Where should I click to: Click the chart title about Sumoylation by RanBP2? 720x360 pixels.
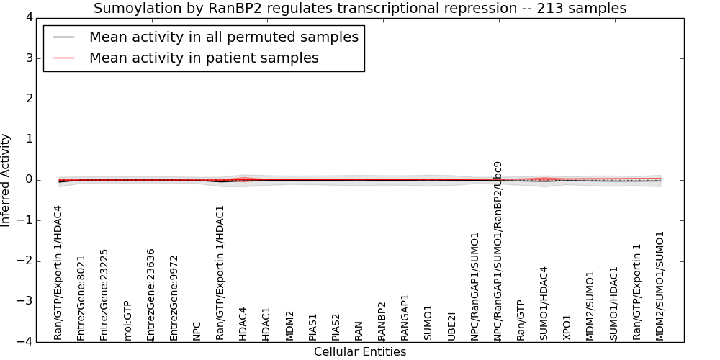coord(360,8)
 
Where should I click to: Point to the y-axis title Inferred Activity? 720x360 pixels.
coord(6,180)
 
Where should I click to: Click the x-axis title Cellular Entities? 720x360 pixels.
coord(360,352)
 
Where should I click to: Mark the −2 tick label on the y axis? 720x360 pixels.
coord(25,261)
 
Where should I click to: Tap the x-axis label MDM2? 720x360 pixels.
coord(289,326)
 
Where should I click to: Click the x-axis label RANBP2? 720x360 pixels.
coord(382,321)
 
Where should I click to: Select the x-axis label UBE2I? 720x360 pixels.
coord(451,326)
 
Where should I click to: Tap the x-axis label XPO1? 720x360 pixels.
coord(567,328)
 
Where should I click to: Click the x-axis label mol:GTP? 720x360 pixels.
coord(127,321)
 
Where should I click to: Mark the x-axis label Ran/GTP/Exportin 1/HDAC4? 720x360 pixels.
coord(58,273)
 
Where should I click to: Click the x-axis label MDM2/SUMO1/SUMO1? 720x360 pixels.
coord(660,286)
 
